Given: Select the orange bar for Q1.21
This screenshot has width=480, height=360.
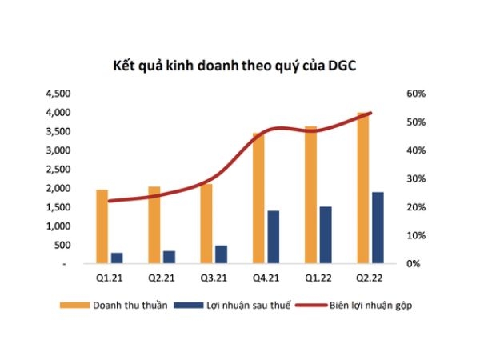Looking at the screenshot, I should [x=102, y=226].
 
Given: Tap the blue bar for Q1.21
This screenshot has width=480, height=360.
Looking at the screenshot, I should [x=117, y=258].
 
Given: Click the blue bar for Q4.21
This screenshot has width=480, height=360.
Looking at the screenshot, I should [x=274, y=237].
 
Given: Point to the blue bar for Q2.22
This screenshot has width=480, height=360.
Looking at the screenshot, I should [x=378, y=227].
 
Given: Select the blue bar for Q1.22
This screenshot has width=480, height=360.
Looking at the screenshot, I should [x=326, y=234].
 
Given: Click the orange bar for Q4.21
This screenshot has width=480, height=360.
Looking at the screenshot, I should [x=258, y=198].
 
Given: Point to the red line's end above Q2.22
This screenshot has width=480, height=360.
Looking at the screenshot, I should [x=370, y=113].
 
